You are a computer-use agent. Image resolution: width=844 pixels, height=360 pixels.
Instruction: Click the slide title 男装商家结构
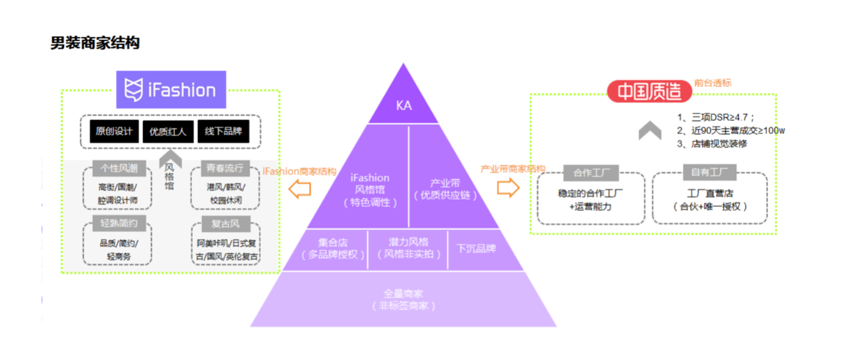point(95,44)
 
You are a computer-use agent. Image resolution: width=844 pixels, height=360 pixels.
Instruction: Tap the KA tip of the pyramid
point(404,105)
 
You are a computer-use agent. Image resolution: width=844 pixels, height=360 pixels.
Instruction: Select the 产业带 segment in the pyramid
point(445,189)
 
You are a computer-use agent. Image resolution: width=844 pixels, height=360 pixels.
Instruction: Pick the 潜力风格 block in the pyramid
point(408,249)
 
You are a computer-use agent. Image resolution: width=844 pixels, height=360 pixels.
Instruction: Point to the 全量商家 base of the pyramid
point(403,299)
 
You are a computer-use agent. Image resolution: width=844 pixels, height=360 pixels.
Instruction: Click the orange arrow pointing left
point(301,190)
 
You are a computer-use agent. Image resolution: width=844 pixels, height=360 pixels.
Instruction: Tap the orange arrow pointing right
point(508,188)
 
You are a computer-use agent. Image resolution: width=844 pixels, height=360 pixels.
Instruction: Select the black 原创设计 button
point(114,131)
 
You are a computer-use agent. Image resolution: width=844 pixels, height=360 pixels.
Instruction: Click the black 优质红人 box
point(168,131)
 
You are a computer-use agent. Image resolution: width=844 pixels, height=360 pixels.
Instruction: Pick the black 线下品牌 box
point(222,131)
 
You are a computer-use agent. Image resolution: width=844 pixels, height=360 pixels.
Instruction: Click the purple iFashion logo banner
point(171,90)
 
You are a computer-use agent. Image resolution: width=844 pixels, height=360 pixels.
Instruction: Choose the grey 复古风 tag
point(225,224)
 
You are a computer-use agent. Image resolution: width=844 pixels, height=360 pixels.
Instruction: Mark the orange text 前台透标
point(712,83)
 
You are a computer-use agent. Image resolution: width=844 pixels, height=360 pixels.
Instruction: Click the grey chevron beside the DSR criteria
point(649,131)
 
